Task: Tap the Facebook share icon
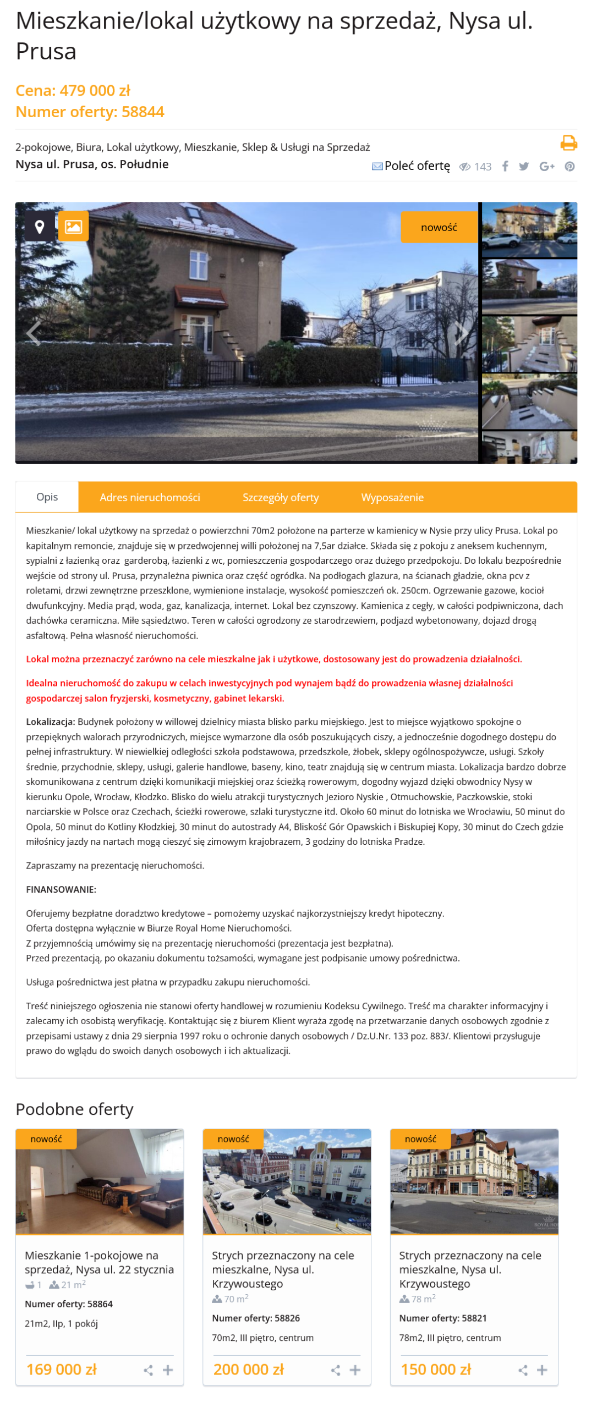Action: [505, 166]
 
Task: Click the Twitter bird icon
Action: [523, 166]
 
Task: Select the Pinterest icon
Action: [569, 166]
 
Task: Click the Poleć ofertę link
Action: [417, 166]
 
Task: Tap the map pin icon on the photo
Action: [40, 226]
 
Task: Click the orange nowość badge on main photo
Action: [439, 227]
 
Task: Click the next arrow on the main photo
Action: [461, 333]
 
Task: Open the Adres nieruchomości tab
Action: [150, 497]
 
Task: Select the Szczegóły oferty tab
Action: [281, 497]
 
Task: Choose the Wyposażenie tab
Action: [392, 497]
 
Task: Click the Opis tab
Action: [47, 497]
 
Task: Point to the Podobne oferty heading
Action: [75, 1109]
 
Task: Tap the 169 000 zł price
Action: [62, 1369]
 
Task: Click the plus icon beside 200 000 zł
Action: [355, 1369]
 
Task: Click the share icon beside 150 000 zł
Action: [523, 1369]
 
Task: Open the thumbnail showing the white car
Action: [529, 229]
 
